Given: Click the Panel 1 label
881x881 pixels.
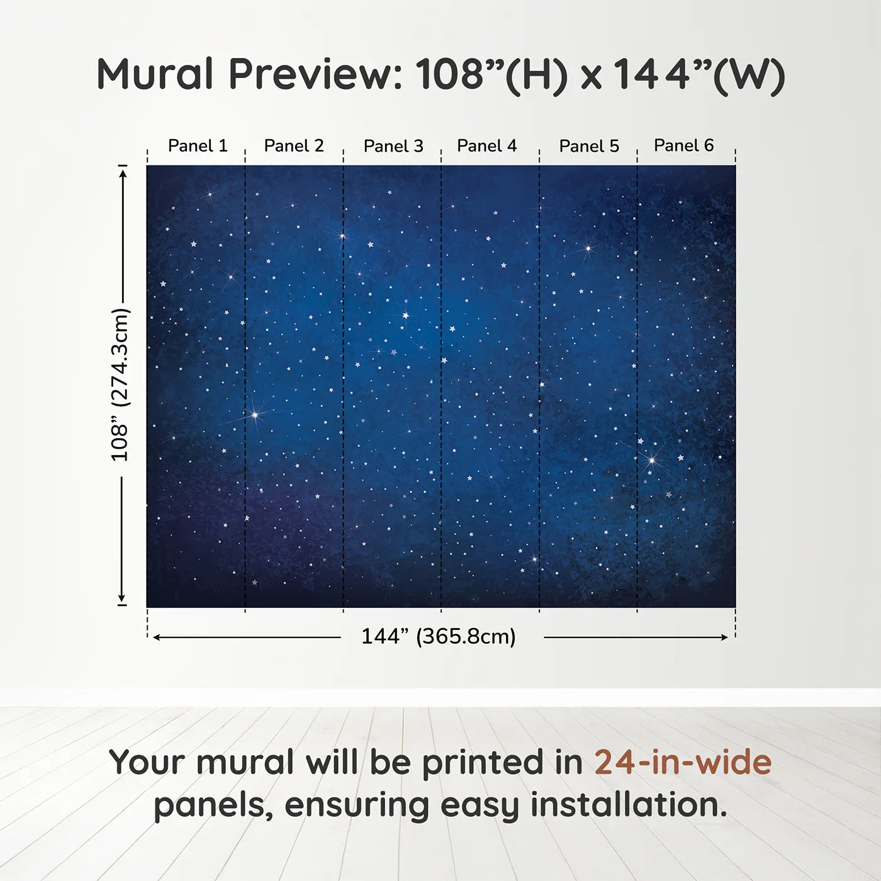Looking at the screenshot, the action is click(198, 146).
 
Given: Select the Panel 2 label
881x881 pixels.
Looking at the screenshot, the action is click(294, 146).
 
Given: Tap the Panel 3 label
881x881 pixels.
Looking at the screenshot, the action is click(394, 146).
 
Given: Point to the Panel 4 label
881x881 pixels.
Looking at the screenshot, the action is click(487, 146).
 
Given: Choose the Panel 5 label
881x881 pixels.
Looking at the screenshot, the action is click(589, 146).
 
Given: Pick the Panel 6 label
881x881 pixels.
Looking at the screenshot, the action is click(684, 145).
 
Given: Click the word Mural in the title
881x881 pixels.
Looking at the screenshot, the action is click(155, 74).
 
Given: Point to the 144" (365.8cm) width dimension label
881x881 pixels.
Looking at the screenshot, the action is click(439, 636).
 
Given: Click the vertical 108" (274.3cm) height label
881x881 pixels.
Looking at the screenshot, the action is click(120, 384).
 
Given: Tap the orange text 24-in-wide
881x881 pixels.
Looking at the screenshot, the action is click(683, 762).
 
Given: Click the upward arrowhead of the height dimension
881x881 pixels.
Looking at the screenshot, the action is click(123, 173).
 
